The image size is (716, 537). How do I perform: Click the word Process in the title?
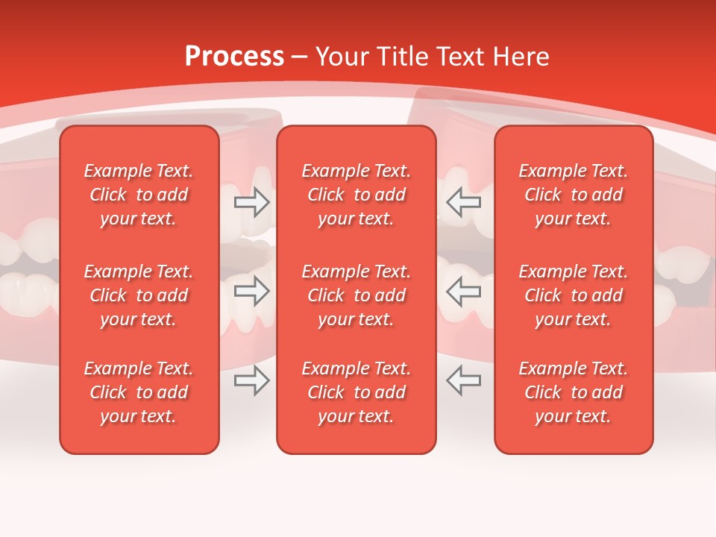pos(234,56)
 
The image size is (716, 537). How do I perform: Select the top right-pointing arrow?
pos(252,202)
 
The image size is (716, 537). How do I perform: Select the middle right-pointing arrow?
pos(252,291)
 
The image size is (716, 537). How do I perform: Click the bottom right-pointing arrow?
pos(252,380)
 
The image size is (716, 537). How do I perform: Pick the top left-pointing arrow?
pos(464,202)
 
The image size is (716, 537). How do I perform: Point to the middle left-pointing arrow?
pos(464,291)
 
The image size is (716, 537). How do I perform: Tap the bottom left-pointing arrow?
pos(464,380)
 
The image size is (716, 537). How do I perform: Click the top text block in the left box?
pos(139,195)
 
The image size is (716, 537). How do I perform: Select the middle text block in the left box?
pos(139,295)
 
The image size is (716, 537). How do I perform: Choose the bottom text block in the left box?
pos(139,392)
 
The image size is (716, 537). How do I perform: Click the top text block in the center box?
pos(357,195)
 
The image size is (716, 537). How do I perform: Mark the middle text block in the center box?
pos(357,295)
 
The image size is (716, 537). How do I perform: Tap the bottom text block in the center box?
pos(357,392)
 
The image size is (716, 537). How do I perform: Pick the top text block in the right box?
pos(574,195)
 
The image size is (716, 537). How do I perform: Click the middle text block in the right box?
pos(574,295)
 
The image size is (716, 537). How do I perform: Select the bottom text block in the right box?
pos(574,392)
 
